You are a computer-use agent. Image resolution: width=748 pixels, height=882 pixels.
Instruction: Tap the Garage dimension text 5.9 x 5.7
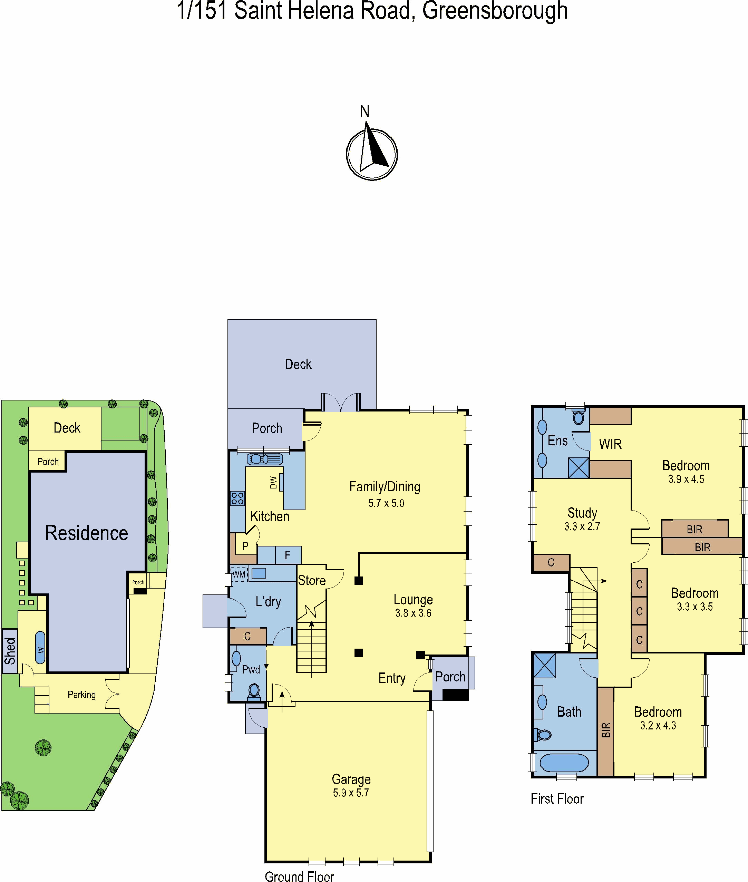pos(351,793)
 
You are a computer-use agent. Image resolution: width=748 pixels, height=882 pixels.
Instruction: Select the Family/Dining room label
pos(385,487)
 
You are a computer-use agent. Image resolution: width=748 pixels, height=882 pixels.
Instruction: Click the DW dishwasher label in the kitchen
pos(273,482)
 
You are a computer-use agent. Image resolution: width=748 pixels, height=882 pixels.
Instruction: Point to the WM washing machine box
pos(239,574)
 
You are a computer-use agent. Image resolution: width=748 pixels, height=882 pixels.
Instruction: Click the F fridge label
pos(287,555)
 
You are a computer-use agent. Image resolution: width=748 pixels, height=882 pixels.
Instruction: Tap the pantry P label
pos(245,546)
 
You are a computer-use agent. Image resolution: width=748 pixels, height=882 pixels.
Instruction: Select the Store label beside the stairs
pos(312,581)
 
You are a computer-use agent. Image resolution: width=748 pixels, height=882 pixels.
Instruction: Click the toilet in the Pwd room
pos(254,691)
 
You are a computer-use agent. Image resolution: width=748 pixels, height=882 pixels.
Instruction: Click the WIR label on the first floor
pos(610,444)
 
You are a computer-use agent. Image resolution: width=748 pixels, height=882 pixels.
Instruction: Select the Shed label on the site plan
pos(10,651)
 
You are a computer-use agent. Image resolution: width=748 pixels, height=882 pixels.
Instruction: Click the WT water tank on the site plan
pos(40,648)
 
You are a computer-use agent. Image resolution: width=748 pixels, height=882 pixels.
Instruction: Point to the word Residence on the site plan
pos(87,533)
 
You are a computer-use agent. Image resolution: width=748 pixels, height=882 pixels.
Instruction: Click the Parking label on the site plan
pos(81,695)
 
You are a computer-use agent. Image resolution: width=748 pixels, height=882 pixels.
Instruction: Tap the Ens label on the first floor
pos(557,441)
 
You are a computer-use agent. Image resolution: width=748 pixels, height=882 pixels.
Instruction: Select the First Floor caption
pos(557,799)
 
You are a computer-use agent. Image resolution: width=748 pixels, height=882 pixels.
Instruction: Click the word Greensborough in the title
pos(495,11)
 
